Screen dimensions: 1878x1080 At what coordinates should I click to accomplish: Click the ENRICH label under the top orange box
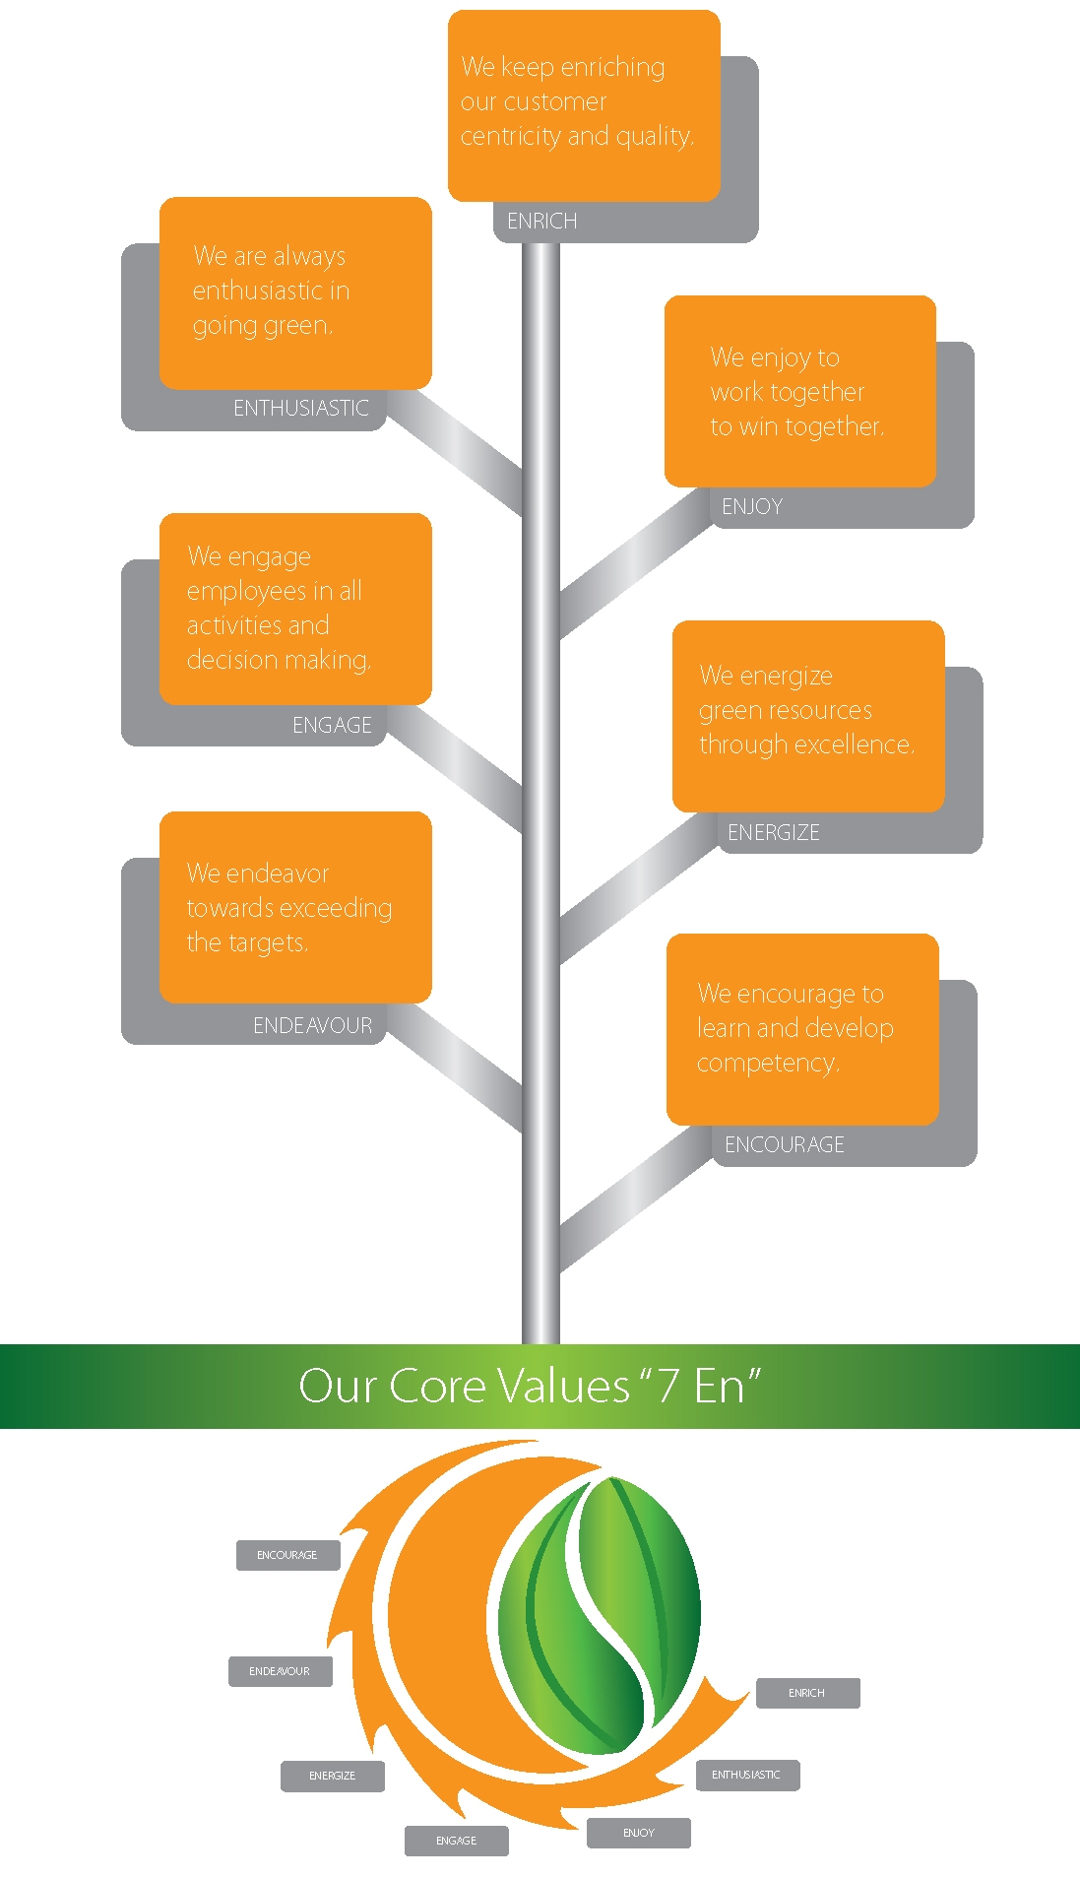(541, 222)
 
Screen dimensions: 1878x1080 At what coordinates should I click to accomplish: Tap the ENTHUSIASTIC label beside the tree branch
(300, 409)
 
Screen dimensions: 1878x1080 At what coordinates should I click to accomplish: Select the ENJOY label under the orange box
(752, 507)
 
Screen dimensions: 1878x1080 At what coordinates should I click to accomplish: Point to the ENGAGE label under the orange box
(332, 726)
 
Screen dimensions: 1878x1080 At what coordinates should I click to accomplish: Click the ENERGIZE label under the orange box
(773, 833)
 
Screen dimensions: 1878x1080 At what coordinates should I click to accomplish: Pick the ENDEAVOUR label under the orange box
(312, 1026)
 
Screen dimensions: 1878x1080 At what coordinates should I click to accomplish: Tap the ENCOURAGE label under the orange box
(784, 1145)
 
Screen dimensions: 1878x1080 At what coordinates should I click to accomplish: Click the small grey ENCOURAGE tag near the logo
(287, 1555)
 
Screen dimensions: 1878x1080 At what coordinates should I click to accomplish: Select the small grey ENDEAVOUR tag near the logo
(280, 1671)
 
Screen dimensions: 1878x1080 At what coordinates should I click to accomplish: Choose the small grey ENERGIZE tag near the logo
(332, 1776)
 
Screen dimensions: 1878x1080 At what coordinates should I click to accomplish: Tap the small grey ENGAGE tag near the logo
(456, 1841)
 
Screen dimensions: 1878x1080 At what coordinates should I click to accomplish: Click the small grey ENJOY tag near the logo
(638, 1833)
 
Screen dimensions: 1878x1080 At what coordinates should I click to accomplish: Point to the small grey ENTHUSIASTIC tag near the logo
(746, 1775)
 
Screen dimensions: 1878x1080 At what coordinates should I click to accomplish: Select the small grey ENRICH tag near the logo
(807, 1693)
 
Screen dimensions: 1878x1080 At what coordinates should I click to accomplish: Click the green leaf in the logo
(601, 1615)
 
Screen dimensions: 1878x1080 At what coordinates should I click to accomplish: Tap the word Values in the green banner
(562, 1387)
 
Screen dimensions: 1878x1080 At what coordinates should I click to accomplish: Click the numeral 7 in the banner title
(668, 1387)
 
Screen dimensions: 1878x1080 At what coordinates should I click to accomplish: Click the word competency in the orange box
(768, 1064)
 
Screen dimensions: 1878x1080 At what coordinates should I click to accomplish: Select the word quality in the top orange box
(655, 136)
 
